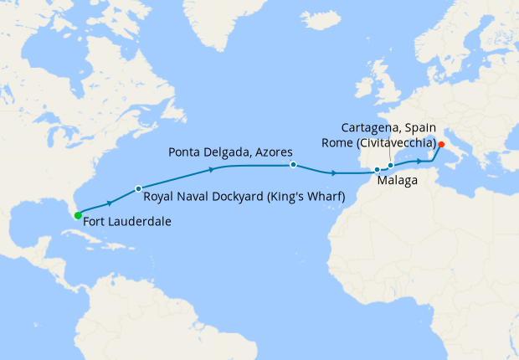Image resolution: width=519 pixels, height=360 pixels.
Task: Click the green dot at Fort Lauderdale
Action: (x=78, y=215)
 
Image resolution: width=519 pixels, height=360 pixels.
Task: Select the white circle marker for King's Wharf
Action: (x=138, y=188)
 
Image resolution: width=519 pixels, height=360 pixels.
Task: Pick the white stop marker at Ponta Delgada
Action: (x=293, y=165)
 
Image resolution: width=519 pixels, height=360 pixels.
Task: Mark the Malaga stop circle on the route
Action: (x=378, y=170)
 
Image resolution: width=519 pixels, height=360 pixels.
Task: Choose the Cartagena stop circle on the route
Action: (x=390, y=166)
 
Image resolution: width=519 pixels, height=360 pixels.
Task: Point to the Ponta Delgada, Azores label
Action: (x=229, y=152)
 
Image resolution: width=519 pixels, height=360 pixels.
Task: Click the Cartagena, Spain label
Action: (x=394, y=127)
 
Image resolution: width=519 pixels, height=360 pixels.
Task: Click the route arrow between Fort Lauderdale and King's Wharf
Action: (x=109, y=203)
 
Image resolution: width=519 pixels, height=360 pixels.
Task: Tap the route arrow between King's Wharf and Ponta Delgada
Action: (x=212, y=168)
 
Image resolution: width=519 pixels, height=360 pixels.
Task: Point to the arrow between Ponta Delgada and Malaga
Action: (x=334, y=173)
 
